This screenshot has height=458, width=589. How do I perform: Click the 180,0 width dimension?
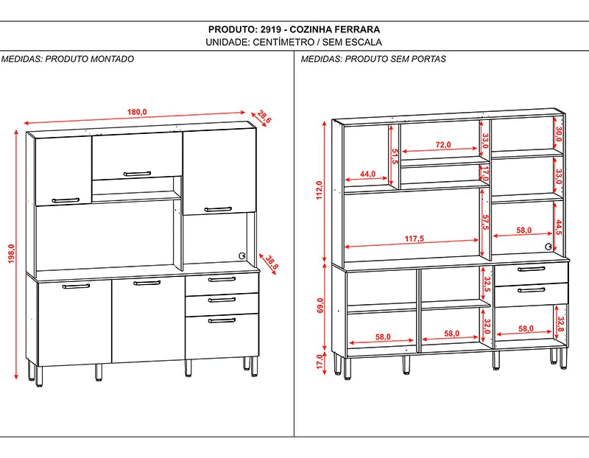137,112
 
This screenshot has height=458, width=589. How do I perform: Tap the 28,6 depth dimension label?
264,116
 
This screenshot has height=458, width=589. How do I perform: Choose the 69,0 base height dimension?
320,306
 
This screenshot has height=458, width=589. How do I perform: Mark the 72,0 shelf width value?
443,145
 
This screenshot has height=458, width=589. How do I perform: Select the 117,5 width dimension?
415,239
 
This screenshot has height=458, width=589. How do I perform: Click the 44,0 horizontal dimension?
368,175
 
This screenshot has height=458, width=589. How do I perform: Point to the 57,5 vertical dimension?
485,222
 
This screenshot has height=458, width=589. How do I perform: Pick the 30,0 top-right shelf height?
559,134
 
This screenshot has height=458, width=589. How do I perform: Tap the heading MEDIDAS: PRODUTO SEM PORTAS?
374,59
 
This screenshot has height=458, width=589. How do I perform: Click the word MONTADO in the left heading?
112,59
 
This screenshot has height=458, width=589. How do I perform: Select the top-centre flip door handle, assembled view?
137,174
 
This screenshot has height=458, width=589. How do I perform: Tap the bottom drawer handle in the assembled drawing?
222,320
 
